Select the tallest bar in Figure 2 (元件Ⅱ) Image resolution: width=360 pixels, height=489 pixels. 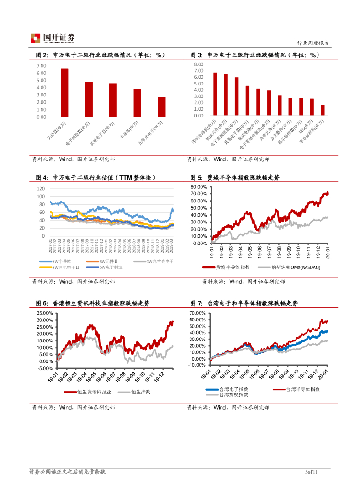click(x=64, y=93)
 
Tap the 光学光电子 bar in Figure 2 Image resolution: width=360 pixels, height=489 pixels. click(x=162, y=107)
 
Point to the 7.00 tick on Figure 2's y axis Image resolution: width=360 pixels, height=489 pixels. click(x=42, y=65)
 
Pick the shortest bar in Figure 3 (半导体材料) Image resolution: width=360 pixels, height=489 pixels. click(x=323, y=110)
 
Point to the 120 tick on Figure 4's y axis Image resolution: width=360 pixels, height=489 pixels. click(x=41, y=188)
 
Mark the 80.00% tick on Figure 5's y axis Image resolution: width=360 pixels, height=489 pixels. click(x=199, y=187)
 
